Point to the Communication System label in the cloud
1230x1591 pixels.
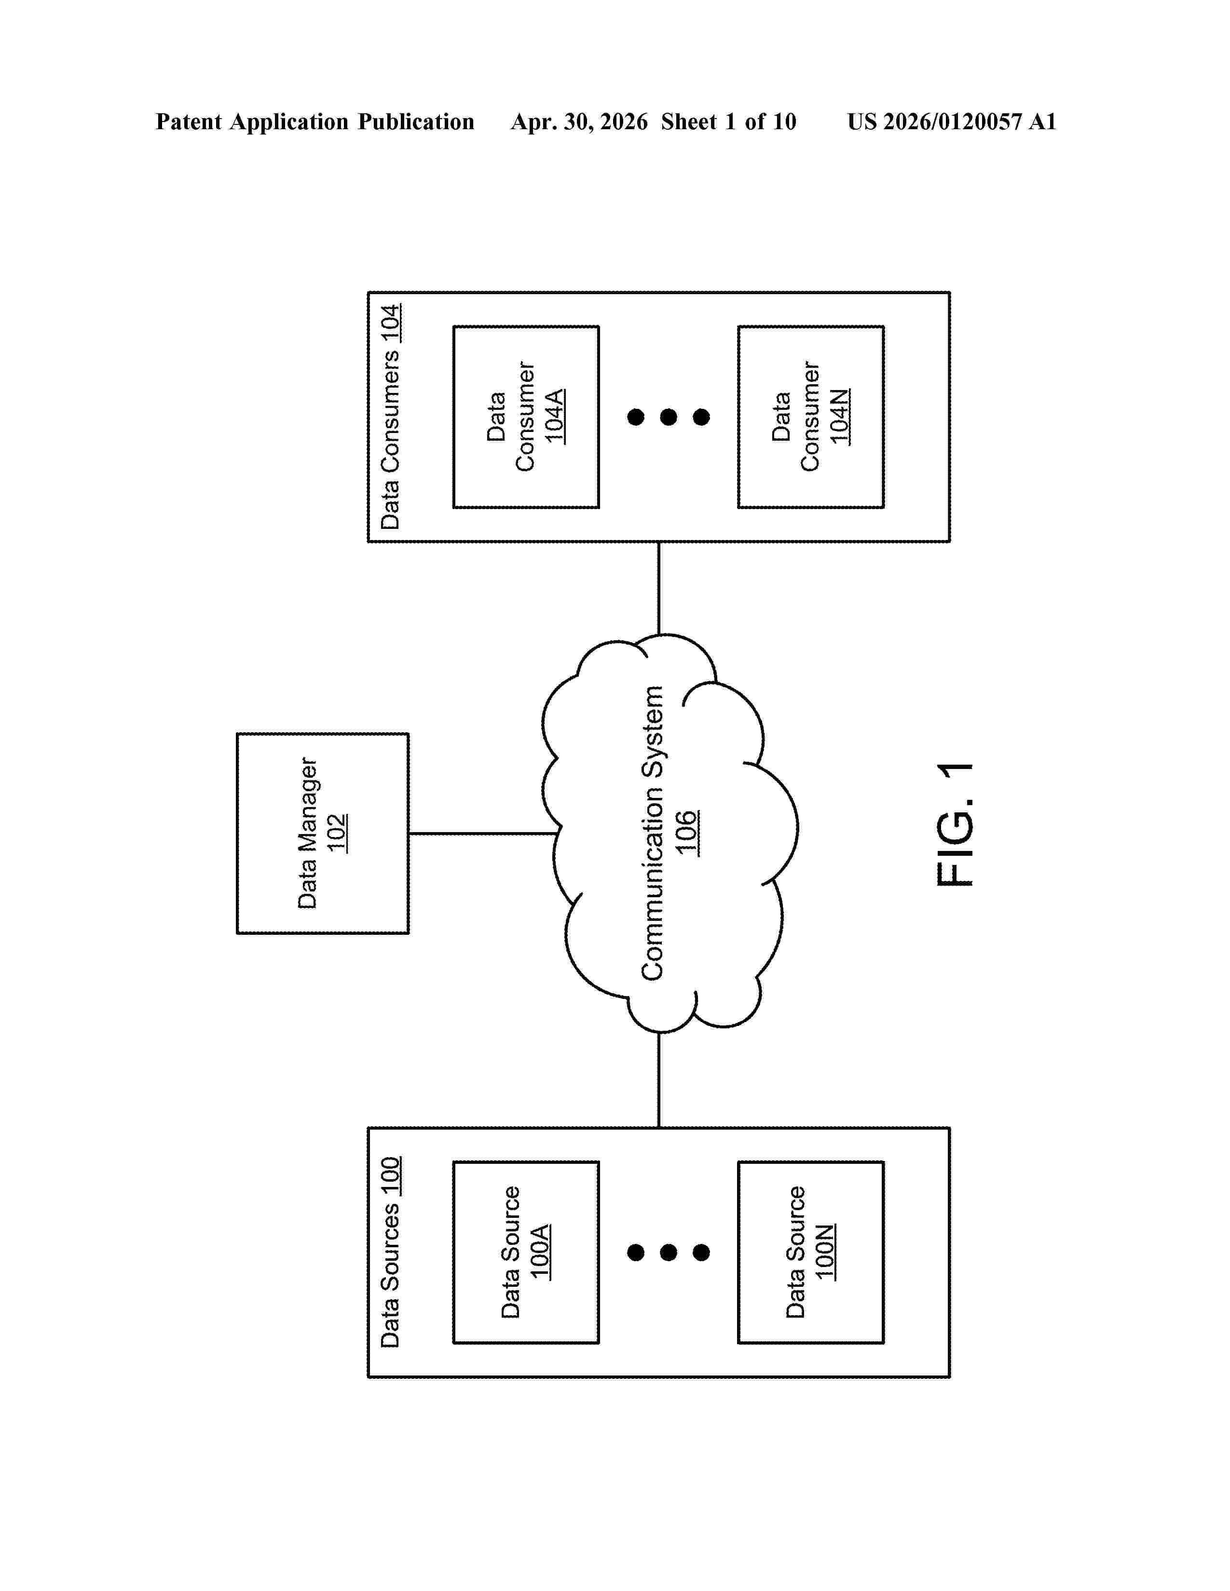click(652, 833)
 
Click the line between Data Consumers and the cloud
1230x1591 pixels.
click(659, 588)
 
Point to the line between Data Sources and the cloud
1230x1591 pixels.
click(659, 1079)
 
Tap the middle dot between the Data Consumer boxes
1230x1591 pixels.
click(668, 417)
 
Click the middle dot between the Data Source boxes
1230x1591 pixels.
click(668, 1252)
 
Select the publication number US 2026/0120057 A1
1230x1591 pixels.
click(952, 121)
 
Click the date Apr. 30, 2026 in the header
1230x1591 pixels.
click(579, 121)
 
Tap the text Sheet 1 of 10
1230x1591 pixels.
click(729, 121)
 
